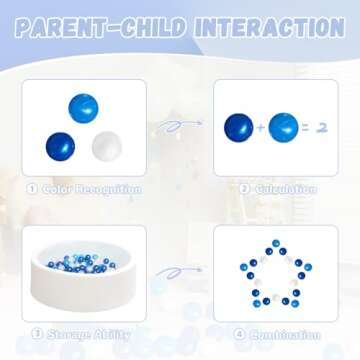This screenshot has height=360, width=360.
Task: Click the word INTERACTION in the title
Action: (x=269, y=27)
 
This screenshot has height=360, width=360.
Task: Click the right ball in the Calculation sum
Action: (x=283, y=127)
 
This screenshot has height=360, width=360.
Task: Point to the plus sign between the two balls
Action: (x=262, y=128)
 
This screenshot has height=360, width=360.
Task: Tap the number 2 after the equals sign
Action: (x=320, y=128)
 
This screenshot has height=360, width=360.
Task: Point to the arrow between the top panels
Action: (x=180, y=126)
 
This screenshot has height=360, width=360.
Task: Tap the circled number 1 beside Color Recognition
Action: (x=34, y=189)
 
